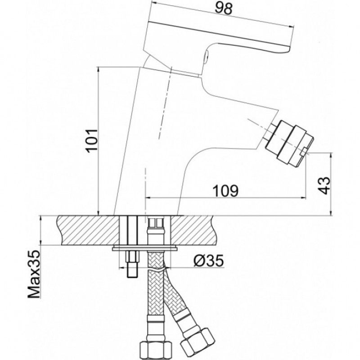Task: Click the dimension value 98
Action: (x=223, y=9)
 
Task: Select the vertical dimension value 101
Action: (x=92, y=141)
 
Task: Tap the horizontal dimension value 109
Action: (x=226, y=190)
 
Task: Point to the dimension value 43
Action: (x=324, y=185)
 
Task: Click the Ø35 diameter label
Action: (x=208, y=261)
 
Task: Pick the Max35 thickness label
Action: (x=34, y=274)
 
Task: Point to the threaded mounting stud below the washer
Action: (x=132, y=264)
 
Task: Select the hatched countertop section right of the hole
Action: (x=193, y=230)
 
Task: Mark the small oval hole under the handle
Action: (x=207, y=55)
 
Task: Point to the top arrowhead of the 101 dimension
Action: (x=98, y=69)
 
